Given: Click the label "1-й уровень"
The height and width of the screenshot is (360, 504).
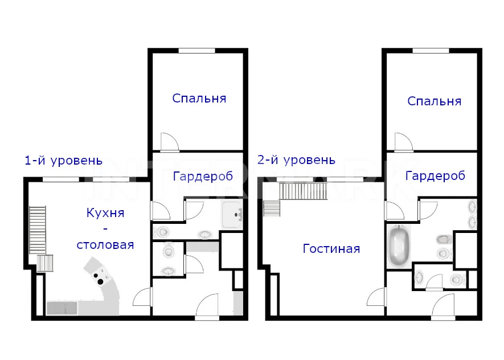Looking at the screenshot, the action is (63, 160).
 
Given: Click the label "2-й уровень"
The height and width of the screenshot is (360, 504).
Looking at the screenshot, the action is (296, 159).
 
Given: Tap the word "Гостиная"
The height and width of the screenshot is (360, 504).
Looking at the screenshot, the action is (331, 248).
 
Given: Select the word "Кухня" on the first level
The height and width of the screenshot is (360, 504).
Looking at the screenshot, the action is (105, 213).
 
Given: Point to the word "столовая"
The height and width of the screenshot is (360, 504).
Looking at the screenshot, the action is (105, 245).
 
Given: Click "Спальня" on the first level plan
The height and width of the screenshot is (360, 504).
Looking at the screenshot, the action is (199, 98).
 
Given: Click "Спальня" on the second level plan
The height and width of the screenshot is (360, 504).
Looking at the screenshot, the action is (435, 101).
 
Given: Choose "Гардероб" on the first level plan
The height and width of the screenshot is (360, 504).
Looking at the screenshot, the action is (203, 176).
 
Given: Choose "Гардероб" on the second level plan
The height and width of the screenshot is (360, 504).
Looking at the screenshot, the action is (435, 175).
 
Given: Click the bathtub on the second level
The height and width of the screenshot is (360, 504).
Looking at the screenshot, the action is (399, 246).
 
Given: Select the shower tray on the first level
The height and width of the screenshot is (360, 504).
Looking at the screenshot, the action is (231, 214).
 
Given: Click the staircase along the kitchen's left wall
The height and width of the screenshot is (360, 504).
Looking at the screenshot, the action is (38, 230).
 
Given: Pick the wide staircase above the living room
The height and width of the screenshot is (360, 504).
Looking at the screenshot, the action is (303, 191).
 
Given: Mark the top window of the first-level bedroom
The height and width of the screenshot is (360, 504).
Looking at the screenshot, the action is (196, 51).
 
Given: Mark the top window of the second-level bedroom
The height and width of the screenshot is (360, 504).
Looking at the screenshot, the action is (431, 51).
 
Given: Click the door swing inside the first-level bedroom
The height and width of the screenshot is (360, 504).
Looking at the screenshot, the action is (169, 141).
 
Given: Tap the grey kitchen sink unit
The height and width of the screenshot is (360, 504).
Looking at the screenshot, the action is (62, 308).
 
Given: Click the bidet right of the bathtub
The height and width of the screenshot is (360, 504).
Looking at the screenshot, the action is (444, 240).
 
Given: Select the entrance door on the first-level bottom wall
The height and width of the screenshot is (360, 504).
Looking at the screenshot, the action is (207, 306).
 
